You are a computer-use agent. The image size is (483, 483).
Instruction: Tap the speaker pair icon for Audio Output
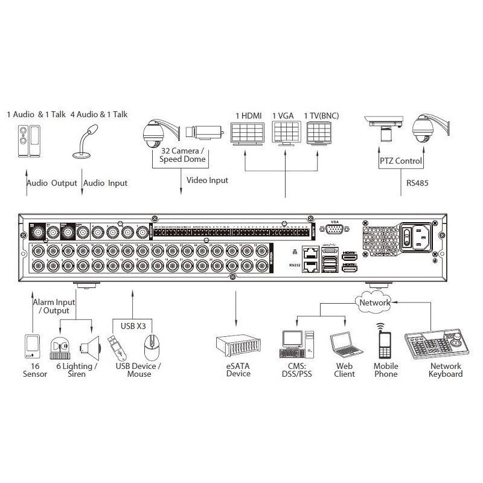(x=26, y=141)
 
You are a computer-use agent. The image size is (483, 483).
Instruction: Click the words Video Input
(x=207, y=180)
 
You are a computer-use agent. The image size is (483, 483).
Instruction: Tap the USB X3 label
(x=133, y=326)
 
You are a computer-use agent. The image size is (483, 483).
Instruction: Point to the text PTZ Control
(x=401, y=161)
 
